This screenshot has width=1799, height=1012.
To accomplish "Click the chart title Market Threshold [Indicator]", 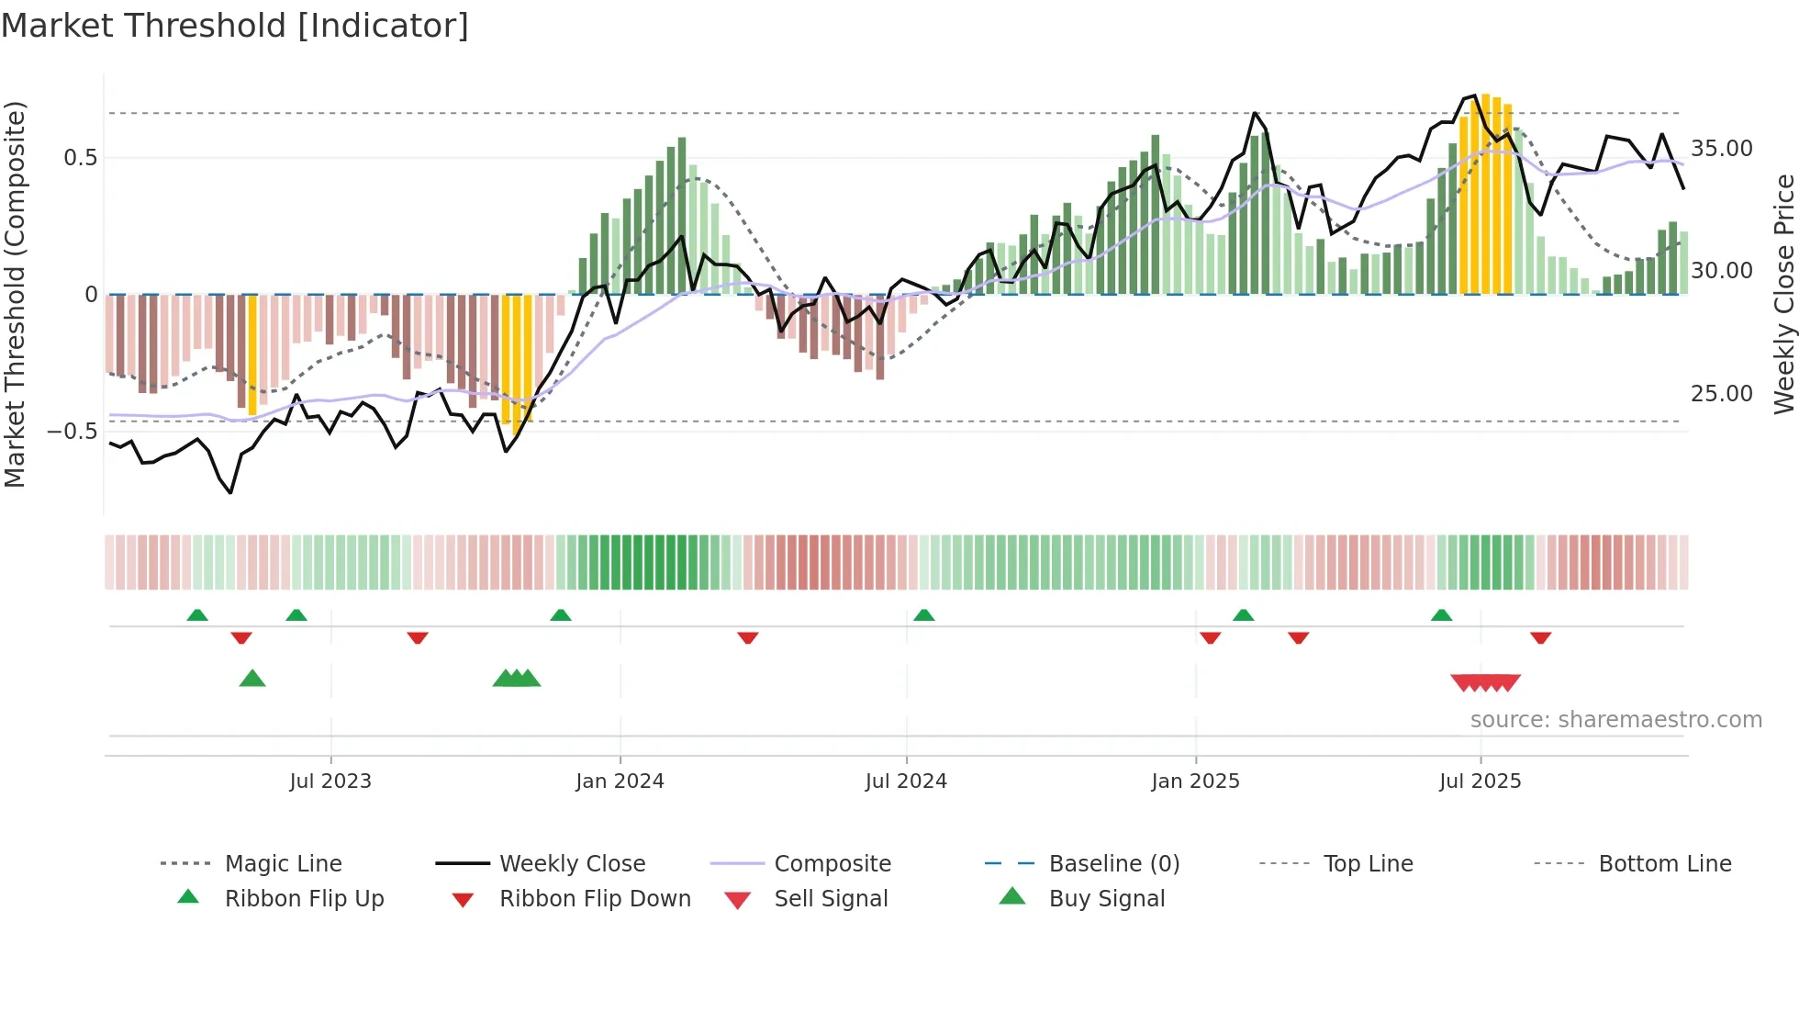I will click(x=235, y=26).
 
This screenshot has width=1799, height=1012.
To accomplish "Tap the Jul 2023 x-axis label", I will click(x=330, y=781).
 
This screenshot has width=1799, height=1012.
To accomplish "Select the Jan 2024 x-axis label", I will click(x=620, y=781).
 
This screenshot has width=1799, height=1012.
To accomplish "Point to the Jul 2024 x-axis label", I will click(x=906, y=781).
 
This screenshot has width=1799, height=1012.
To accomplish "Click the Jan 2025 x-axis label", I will click(x=1195, y=781).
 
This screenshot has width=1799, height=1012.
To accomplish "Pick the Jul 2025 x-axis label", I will click(x=1480, y=781).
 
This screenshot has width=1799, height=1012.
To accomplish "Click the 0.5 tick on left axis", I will click(x=80, y=158).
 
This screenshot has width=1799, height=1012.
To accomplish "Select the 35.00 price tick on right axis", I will click(x=1721, y=149).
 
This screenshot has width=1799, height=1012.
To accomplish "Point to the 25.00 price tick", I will click(x=1721, y=394).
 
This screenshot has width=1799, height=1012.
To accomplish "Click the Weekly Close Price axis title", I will click(x=1783, y=294).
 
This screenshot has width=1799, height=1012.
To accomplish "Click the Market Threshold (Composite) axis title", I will click(x=15, y=294).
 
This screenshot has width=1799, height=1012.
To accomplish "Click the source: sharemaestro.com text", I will click(x=1615, y=720).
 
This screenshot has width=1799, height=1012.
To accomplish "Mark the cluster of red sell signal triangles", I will click(x=1485, y=682).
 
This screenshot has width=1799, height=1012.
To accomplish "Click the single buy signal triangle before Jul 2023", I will click(x=252, y=679).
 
